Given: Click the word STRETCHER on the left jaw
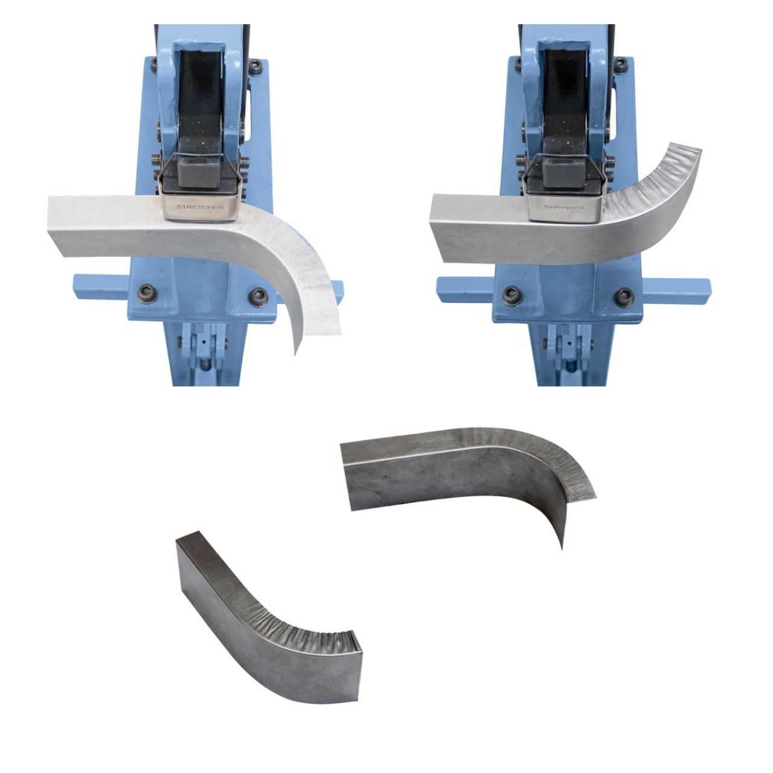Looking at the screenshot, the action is (x=200, y=207).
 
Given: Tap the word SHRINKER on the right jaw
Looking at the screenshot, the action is (x=563, y=207).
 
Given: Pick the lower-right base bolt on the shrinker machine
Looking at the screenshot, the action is (x=624, y=296).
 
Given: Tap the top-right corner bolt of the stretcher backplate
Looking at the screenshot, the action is (x=256, y=66).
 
